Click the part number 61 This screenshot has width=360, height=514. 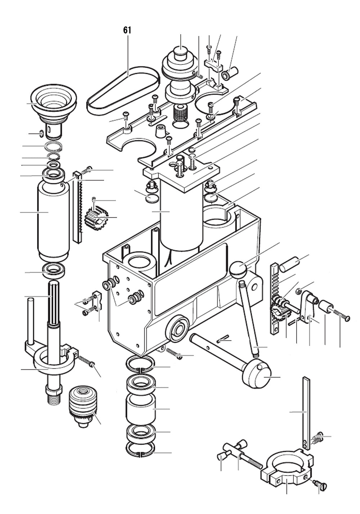pyautogui.click(x=127, y=30)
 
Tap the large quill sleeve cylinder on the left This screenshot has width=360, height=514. pyautogui.click(x=53, y=220)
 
